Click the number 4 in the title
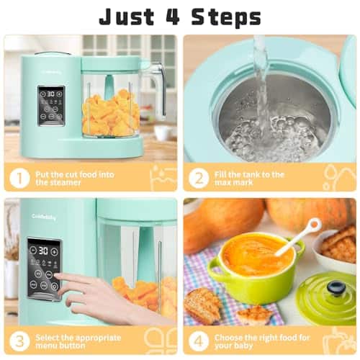point(174,17)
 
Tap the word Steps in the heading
point(226,18)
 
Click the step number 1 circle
point(19,178)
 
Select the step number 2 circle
point(199,178)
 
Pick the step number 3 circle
point(19,341)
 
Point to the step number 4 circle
point(199,341)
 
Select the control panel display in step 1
point(51,106)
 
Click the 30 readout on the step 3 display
point(43,251)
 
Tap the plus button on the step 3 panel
point(55,252)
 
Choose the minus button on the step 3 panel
point(33,251)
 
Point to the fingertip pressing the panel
point(58,276)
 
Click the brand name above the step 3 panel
point(44,217)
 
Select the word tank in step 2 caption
point(246,174)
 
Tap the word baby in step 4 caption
point(243,346)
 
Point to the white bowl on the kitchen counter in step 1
point(163,132)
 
